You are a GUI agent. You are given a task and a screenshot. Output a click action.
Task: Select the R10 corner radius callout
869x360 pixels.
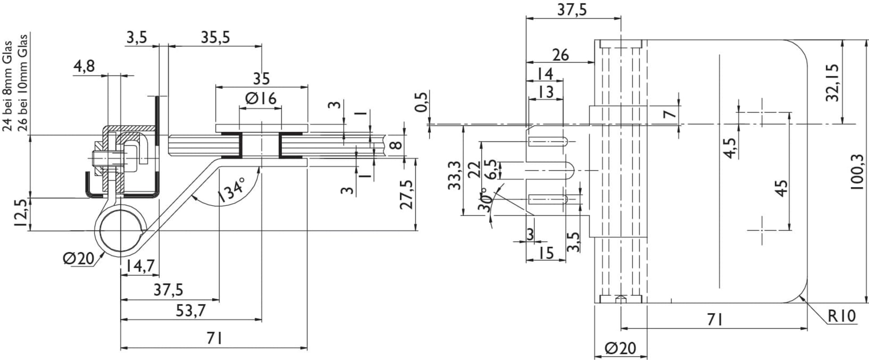pos(842,316)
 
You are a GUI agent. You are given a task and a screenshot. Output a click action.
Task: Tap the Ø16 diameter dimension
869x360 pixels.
pos(260,98)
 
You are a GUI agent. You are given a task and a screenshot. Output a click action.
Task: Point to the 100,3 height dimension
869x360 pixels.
pos(858,172)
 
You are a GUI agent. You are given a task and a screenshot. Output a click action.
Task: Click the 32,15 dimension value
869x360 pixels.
pos(833,82)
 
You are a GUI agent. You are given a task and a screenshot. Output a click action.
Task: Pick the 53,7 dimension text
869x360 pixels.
pos(191,310)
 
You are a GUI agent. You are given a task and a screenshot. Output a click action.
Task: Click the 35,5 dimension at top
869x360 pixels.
pos(215,37)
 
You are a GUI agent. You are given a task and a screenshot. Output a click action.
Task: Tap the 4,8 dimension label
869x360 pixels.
pos(84,67)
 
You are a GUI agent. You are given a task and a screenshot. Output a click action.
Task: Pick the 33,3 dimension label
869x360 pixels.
pos(454,175)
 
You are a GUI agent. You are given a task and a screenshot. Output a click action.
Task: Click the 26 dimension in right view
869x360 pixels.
pos(560,55)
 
